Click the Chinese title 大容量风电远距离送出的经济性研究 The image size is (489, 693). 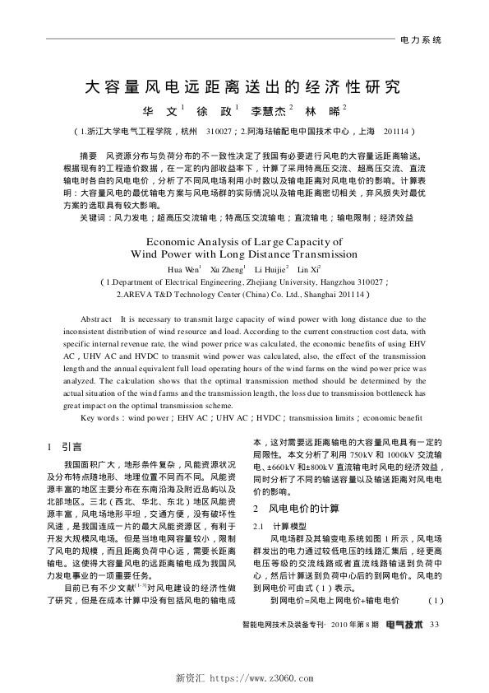tap(244, 86)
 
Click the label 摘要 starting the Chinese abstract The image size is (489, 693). tap(88, 155)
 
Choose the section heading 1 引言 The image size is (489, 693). tap(67, 446)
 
